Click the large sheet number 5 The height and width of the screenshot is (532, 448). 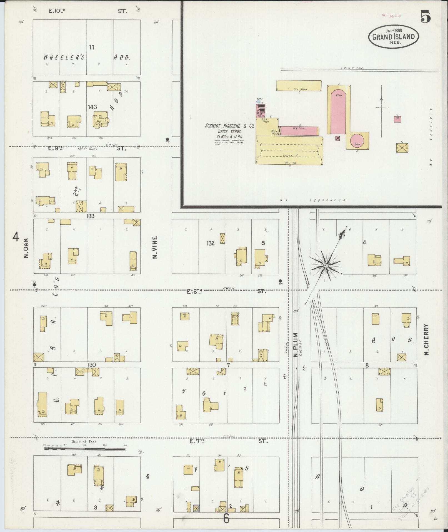[426, 17]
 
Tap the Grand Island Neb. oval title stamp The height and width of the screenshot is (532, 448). [394, 37]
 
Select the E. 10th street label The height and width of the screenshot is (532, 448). [57, 11]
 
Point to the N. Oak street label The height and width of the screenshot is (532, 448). [26, 248]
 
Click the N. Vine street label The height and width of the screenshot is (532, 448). [155, 247]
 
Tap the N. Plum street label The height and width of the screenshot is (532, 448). [295, 345]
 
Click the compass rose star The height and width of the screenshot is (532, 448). [325, 265]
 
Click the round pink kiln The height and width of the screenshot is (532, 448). [357, 141]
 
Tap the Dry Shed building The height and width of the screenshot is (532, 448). [299, 85]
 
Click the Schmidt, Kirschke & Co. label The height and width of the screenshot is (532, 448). [229, 126]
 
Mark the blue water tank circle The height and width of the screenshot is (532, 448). [258, 102]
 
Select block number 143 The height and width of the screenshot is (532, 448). [92, 107]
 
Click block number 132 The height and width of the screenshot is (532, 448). [211, 243]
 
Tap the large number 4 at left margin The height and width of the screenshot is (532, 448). [16, 237]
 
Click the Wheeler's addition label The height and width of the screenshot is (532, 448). [64, 57]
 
